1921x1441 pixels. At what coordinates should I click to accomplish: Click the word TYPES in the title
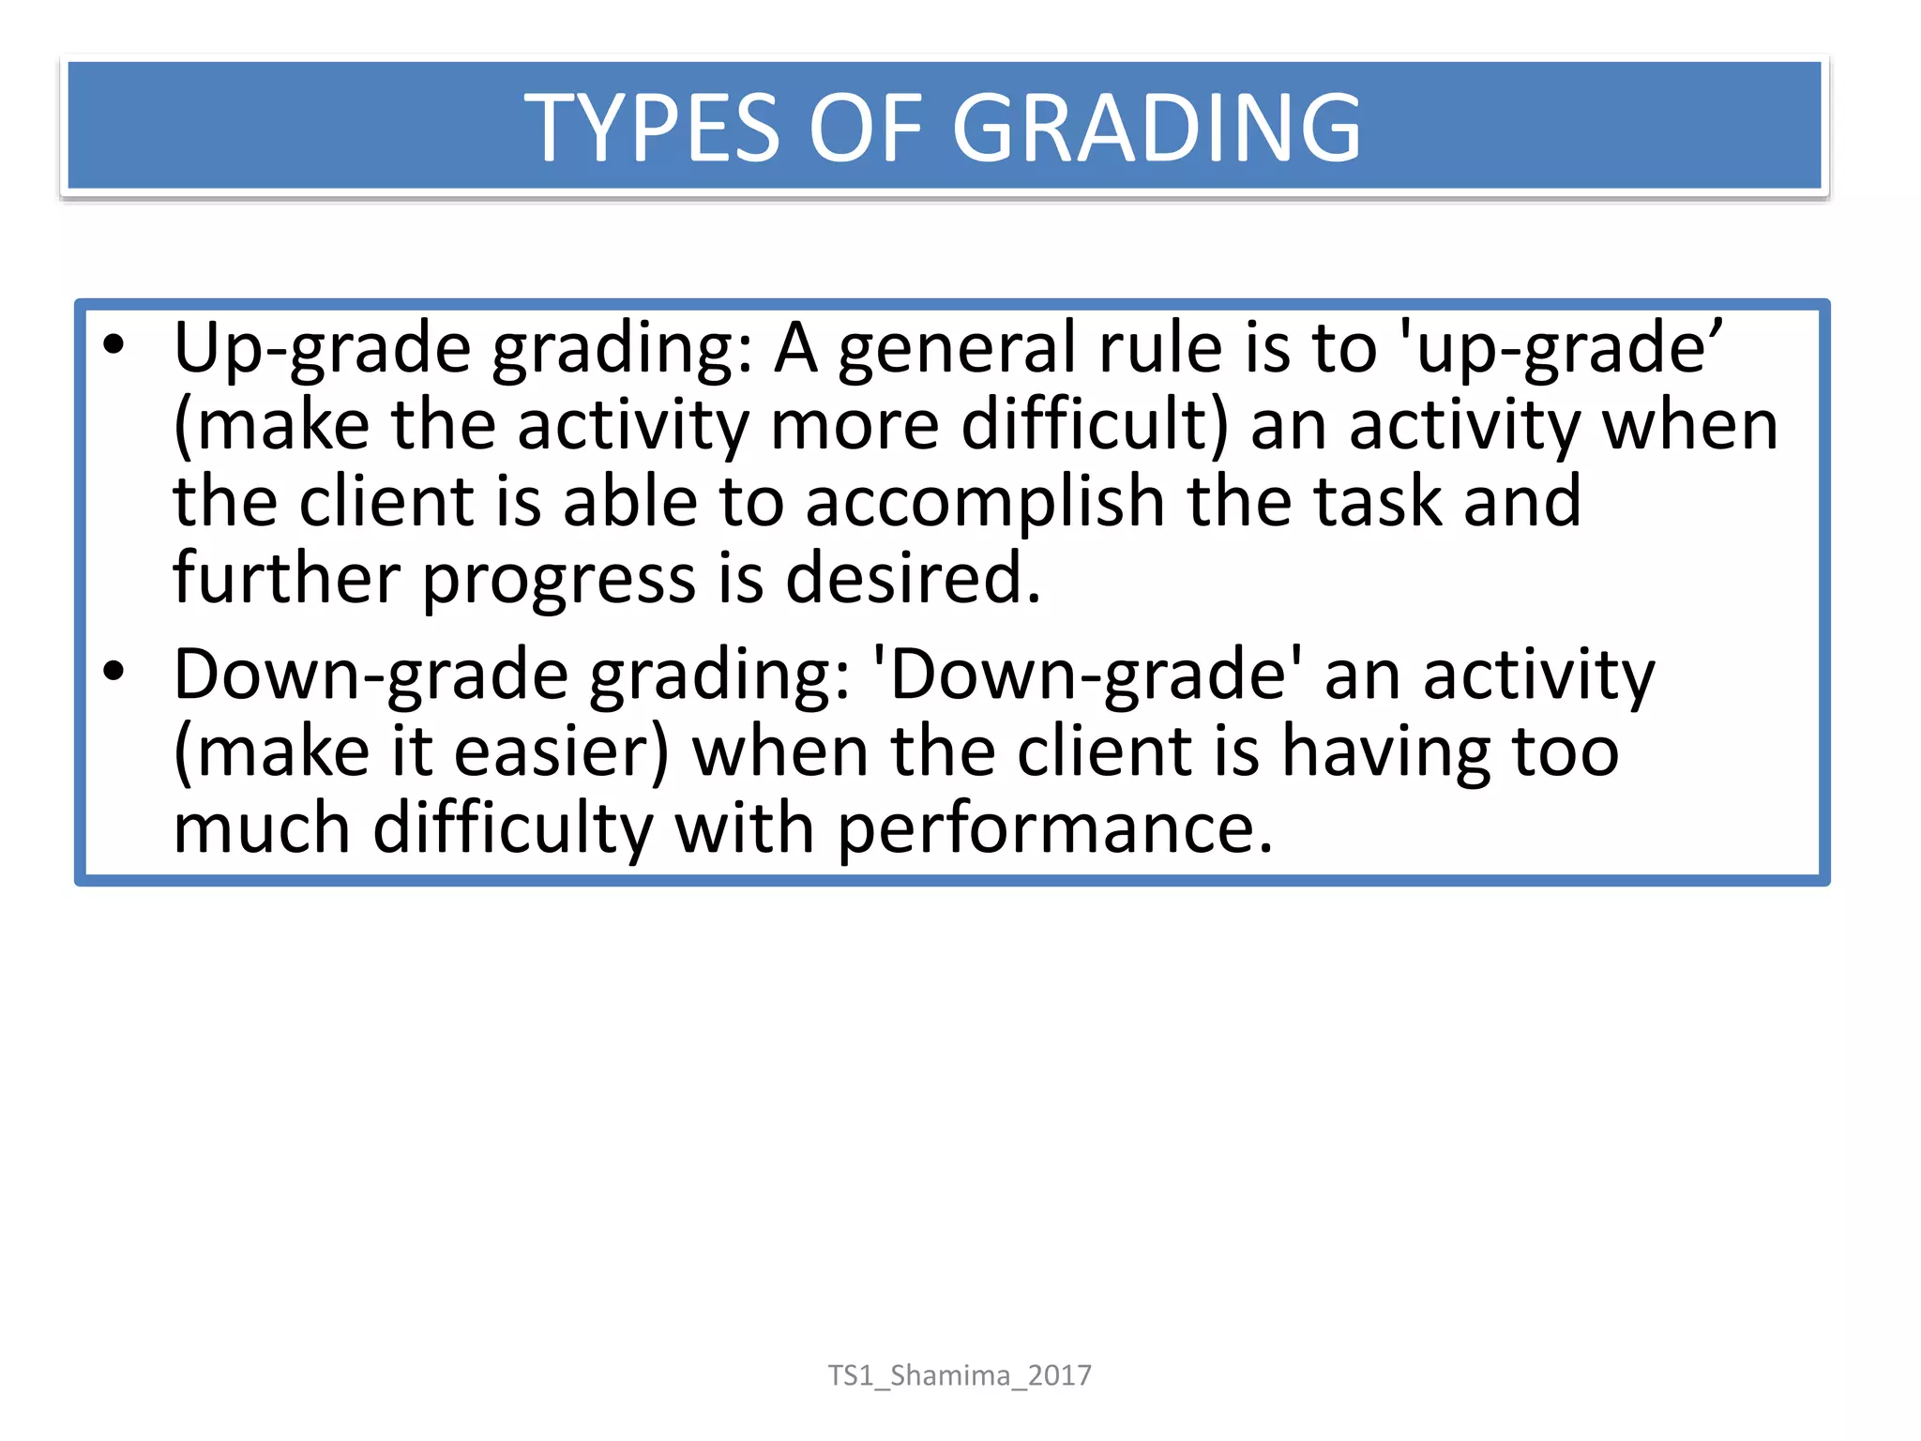[x=652, y=128]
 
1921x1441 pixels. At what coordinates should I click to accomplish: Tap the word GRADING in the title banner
[x=1156, y=128]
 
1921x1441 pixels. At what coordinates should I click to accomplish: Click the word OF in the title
[x=865, y=128]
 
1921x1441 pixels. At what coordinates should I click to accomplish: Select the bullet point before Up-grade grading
[x=113, y=345]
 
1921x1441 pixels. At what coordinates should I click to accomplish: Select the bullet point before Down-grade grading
[x=113, y=671]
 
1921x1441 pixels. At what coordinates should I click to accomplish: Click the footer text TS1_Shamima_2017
[x=960, y=1375]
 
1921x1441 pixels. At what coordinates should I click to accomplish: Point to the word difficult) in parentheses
[x=1094, y=425]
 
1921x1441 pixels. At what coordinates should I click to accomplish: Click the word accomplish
[x=985, y=502]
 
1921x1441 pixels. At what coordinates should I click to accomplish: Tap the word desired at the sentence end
[x=912, y=578]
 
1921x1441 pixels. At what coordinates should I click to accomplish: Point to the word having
[x=1385, y=753]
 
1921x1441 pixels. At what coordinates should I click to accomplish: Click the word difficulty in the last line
[x=512, y=830]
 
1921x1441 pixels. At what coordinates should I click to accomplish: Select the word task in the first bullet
[x=1377, y=502]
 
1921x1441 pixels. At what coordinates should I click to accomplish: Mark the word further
[x=286, y=578]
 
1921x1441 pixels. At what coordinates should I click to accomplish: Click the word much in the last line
[x=262, y=828]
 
